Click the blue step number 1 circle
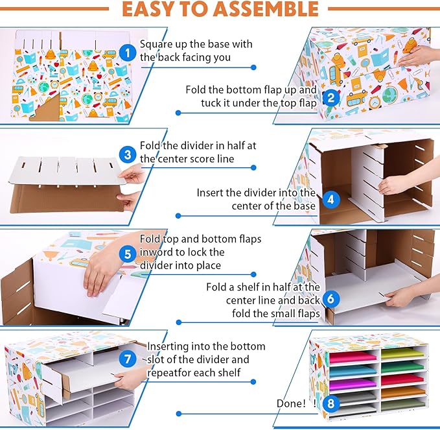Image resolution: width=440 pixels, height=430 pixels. (128, 53)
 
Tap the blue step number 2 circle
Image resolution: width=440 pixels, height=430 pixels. (331, 98)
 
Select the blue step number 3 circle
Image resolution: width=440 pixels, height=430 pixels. (128, 154)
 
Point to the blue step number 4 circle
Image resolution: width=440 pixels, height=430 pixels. (331, 200)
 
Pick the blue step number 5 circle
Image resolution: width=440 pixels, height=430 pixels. (128, 254)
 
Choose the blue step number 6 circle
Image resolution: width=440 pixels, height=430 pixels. (331, 298)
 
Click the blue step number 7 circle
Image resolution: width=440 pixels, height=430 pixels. (128, 359)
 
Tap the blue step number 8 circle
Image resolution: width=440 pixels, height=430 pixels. (331, 403)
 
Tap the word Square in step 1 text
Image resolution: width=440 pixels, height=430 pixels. (156, 45)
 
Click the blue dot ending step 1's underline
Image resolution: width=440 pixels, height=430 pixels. (253, 67)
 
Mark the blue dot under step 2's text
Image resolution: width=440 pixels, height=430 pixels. (178, 113)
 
